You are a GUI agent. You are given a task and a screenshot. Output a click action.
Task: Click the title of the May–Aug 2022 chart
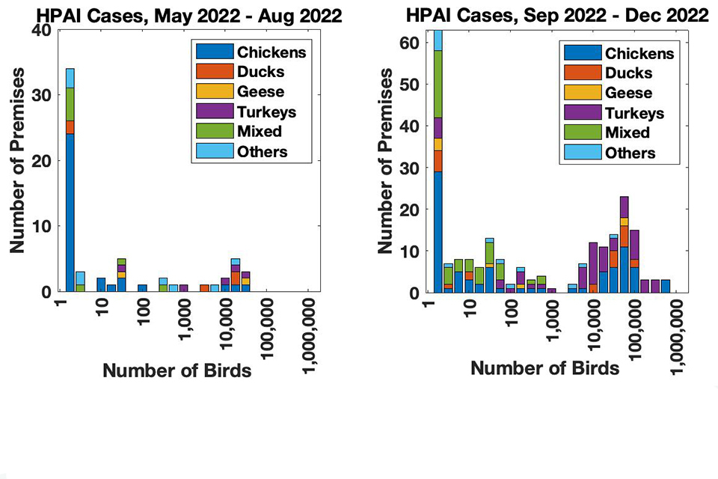pyautogui.click(x=189, y=16)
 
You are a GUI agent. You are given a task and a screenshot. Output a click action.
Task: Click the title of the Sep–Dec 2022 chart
pyautogui.click(x=557, y=15)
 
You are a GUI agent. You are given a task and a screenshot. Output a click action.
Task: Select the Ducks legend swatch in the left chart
pyautogui.click(x=215, y=71)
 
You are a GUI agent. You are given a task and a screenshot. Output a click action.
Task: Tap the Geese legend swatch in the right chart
pyautogui.click(x=583, y=92)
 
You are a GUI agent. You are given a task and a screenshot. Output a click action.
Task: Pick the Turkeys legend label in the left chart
pyautogui.click(x=266, y=112)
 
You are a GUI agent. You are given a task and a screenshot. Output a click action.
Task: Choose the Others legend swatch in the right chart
pyautogui.click(x=583, y=152)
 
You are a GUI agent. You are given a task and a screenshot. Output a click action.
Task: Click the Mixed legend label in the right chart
pyautogui.click(x=628, y=132)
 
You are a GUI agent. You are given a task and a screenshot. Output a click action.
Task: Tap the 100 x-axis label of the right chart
pyautogui.click(x=511, y=312)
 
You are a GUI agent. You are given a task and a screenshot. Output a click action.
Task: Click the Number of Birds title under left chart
pyautogui.click(x=177, y=370)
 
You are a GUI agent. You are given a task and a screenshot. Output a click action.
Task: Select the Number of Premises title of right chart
pyautogui.click(x=386, y=162)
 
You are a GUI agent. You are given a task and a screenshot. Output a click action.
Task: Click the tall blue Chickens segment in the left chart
pyautogui.click(x=70, y=213)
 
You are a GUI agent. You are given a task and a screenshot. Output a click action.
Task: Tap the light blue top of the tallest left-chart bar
pyautogui.click(x=70, y=79)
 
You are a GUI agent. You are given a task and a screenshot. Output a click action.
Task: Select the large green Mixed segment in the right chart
pyautogui.click(x=438, y=85)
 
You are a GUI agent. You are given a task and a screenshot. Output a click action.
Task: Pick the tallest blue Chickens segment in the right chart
pyautogui.click(x=438, y=232)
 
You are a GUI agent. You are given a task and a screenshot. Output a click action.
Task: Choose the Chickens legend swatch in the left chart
pyautogui.click(x=215, y=52)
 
